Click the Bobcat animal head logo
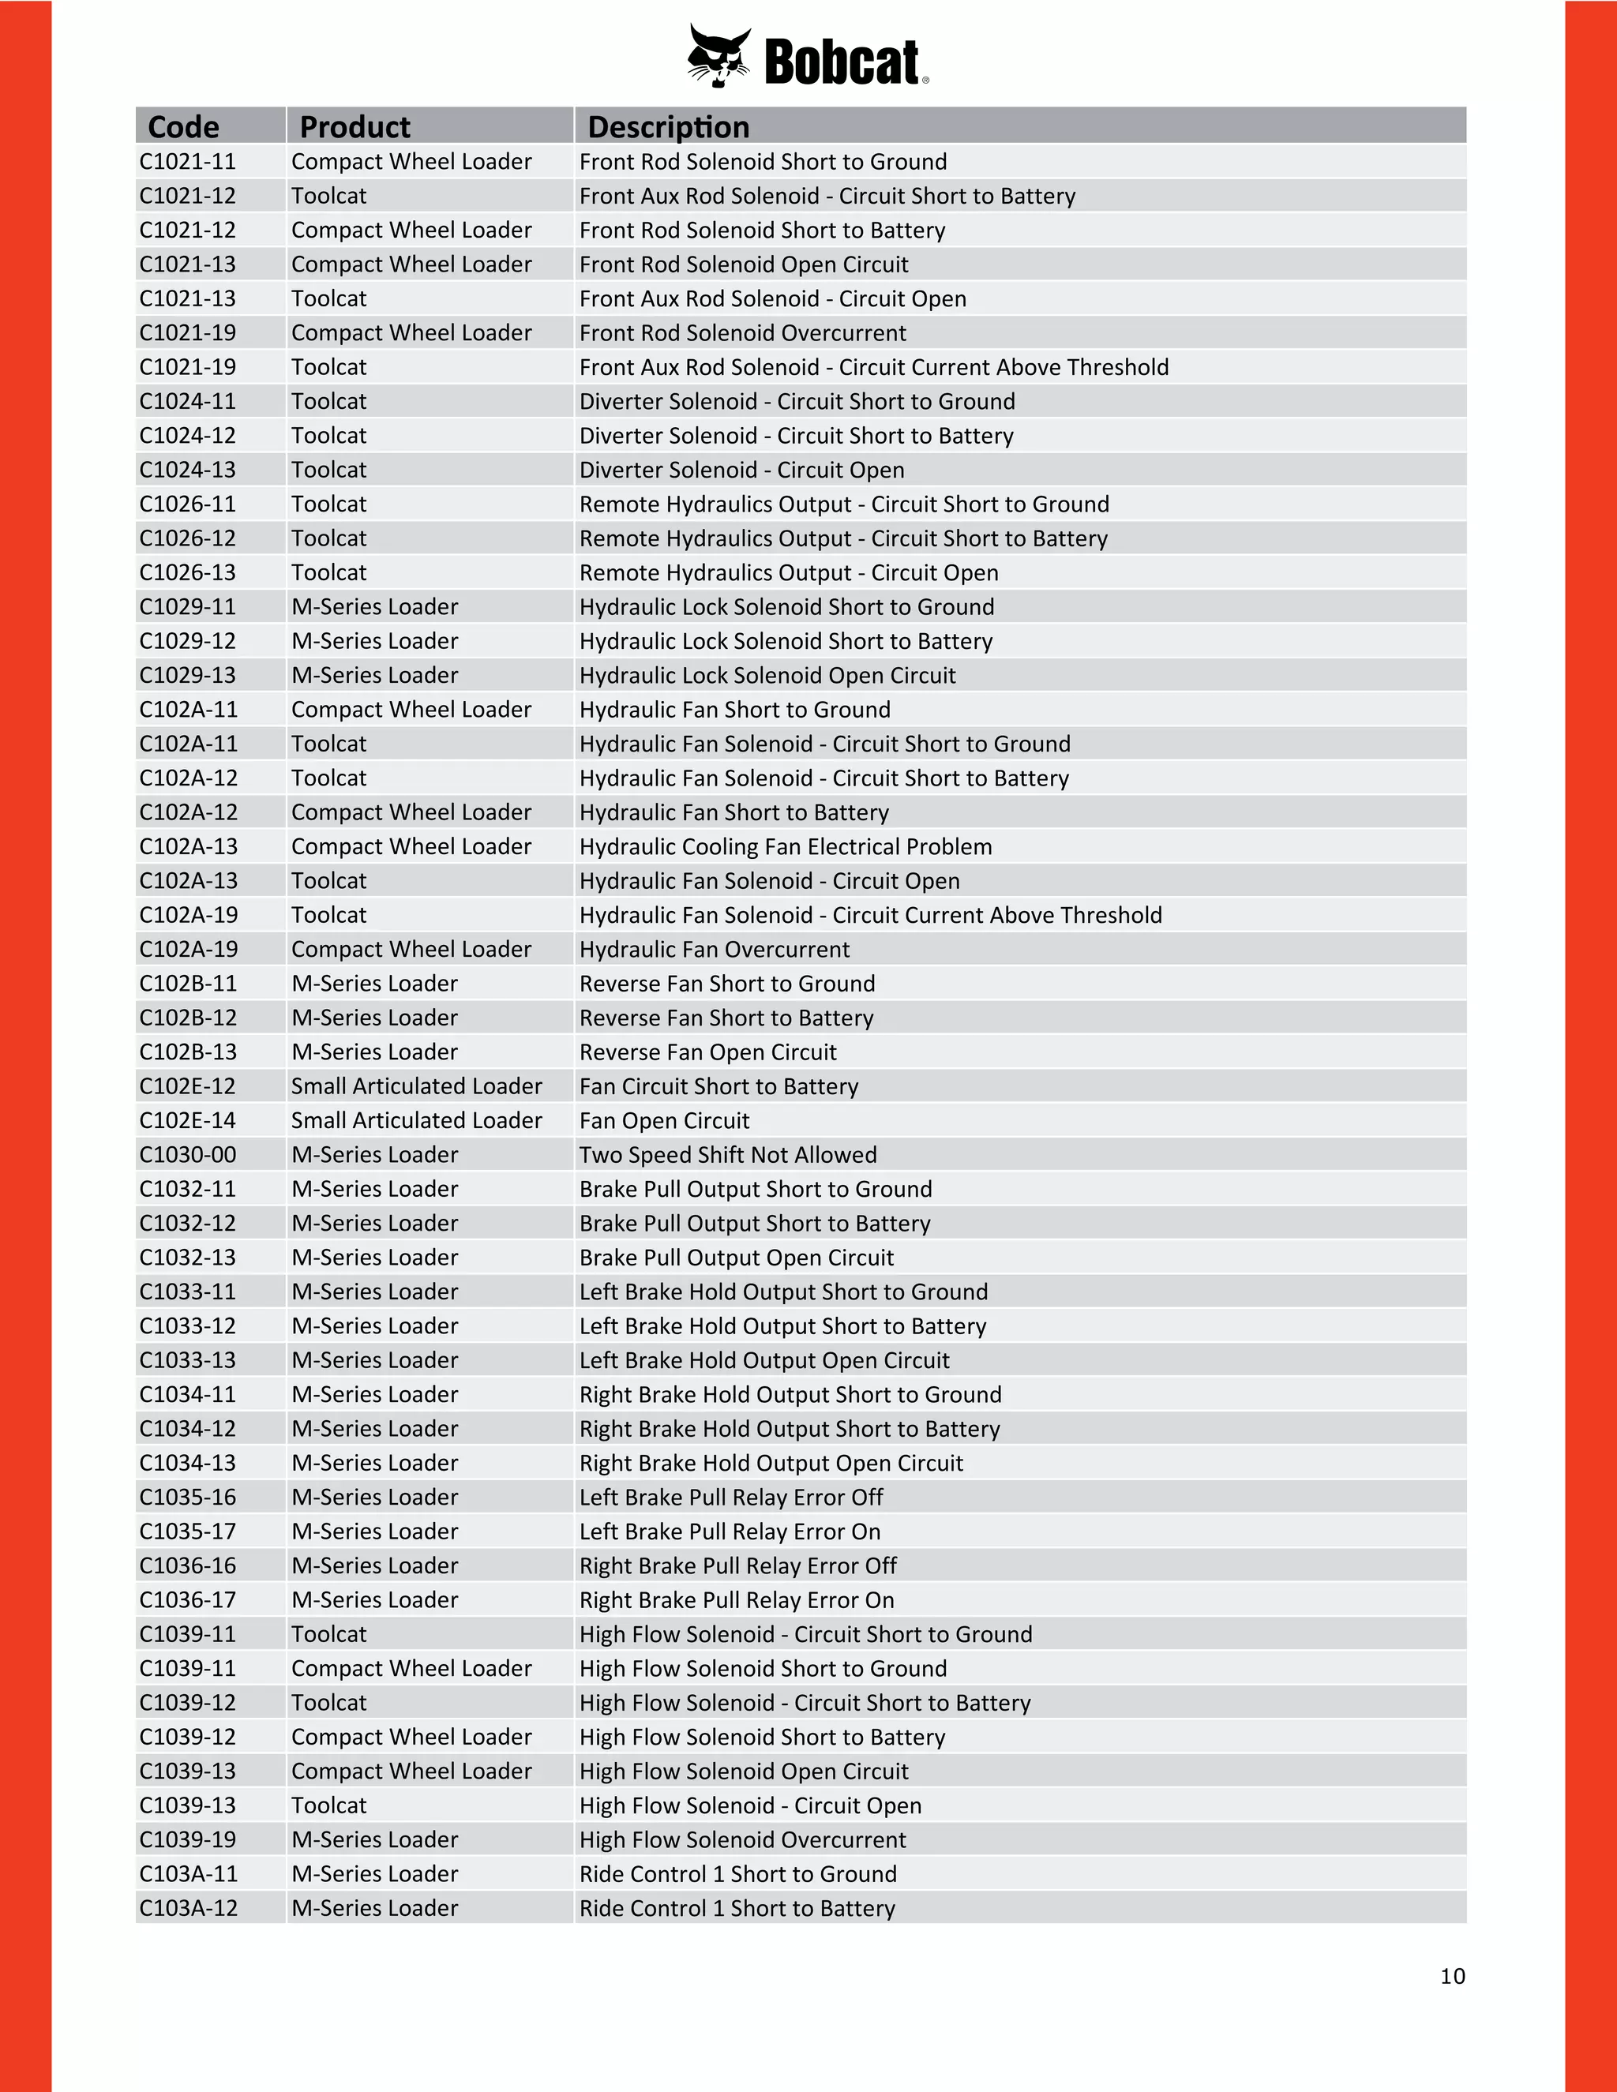click(x=718, y=57)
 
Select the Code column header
click(x=183, y=126)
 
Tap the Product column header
click(x=355, y=126)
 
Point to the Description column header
click(x=668, y=126)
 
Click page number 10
click(x=1452, y=1976)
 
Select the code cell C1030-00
click(x=188, y=1154)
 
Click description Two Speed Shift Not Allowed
click(x=728, y=1154)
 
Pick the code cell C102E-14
click(x=188, y=1119)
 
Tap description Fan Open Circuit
click(x=664, y=1119)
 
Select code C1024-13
click(x=188, y=470)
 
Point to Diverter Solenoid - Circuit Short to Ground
click(x=797, y=401)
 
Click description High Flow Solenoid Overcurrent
click(x=742, y=1839)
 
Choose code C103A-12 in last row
click(x=188, y=1908)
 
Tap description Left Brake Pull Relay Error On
click(x=730, y=1531)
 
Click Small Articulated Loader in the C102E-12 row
click(x=417, y=1086)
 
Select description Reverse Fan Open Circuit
click(x=708, y=1052)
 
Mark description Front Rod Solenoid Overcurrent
click(x=742, y=332)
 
